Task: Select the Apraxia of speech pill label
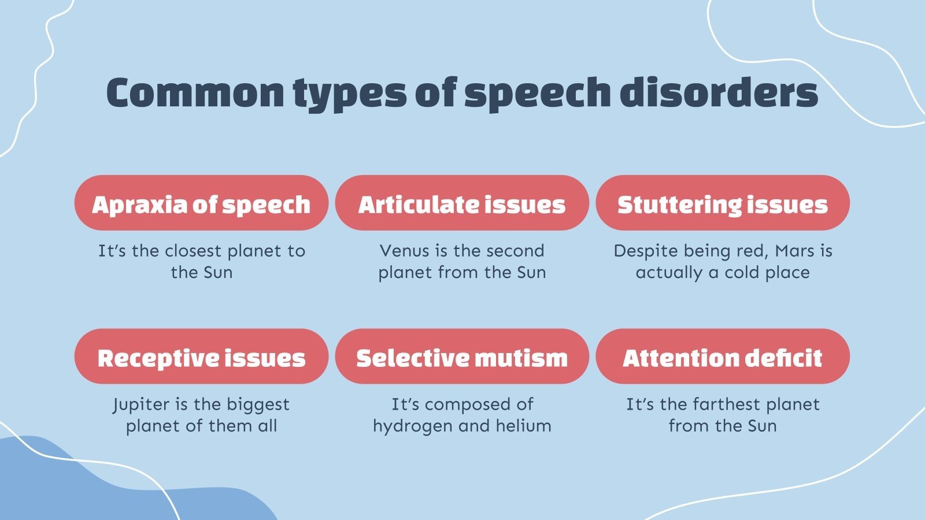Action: [x=201, y=204]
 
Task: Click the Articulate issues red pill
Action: [x=462, y=204]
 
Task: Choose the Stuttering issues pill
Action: [x=723, y=204]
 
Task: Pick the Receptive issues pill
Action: [x=201, y=358]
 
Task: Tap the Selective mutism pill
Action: [x=462, y=358]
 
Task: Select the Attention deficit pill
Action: [x=723, y=358]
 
